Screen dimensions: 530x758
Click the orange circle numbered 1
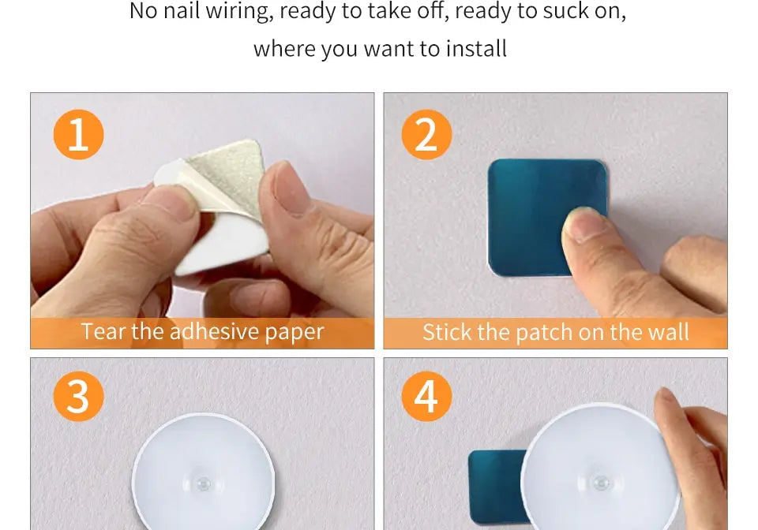(78, 135)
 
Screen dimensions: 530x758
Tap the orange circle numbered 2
(426, 135)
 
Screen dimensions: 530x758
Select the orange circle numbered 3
(78, 396)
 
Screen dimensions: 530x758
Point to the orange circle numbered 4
(426, 396)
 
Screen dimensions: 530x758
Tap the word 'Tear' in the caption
(103, 331)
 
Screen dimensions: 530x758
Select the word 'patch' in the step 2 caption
(543, 332)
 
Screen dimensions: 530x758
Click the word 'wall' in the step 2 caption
(668, 332)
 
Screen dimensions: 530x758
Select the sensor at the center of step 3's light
(203, 483)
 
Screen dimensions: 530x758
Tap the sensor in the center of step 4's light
(601, 482)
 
